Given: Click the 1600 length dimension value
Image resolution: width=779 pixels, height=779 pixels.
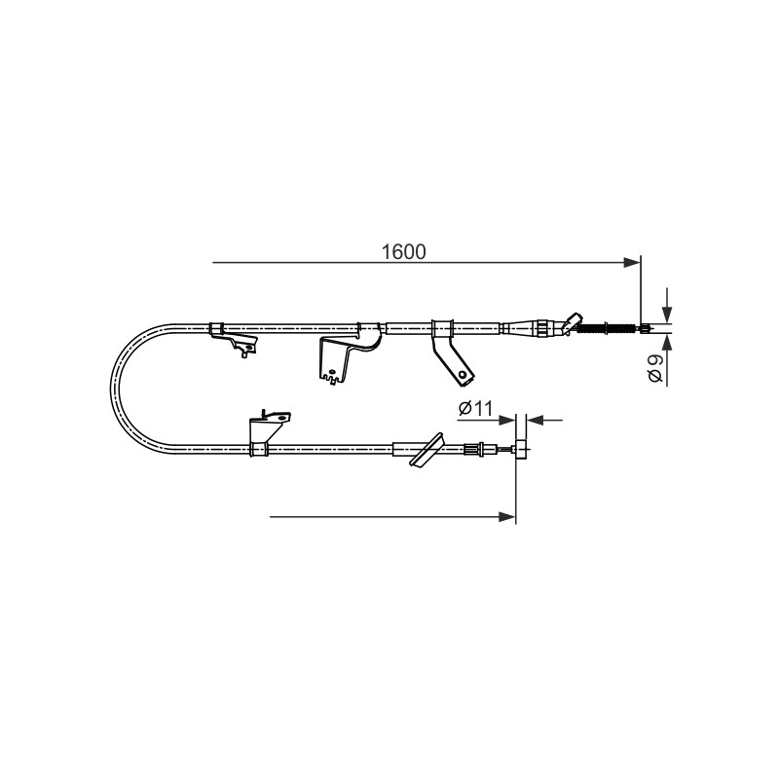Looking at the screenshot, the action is click(x=403, y=252).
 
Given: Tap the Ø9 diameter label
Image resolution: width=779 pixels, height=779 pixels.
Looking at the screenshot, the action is click(x=655, y=368).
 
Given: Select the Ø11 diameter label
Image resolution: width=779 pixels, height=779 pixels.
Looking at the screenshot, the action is click(x=476, y=408).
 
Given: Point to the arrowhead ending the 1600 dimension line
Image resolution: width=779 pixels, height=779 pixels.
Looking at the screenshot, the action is click(x=632, y=262).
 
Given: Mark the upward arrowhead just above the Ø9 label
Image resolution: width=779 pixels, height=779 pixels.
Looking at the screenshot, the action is click(x=667, y=343).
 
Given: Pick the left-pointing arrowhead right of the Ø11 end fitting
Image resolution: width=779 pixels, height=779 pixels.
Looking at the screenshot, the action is click(x=535, y=421).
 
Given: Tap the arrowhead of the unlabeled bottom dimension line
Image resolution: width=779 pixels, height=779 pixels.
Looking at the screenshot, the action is click(x=507, y=517).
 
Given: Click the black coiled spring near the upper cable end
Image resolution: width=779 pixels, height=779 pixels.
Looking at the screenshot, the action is click(x=606, y=328).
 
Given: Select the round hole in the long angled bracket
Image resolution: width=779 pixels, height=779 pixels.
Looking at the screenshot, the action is click(x=464, y=374).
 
